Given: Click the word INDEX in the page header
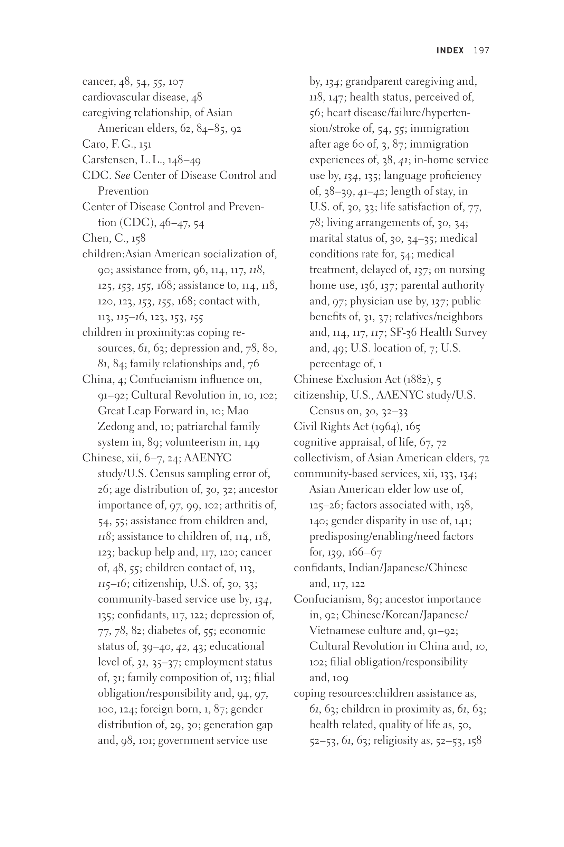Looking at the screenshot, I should click(x=450, y=50).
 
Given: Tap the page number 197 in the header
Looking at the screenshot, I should click(x=482, y=50).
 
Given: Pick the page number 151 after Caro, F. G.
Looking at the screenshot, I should click(x=145, y=145).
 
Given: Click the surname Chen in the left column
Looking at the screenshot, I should click(x=94, y=238).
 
